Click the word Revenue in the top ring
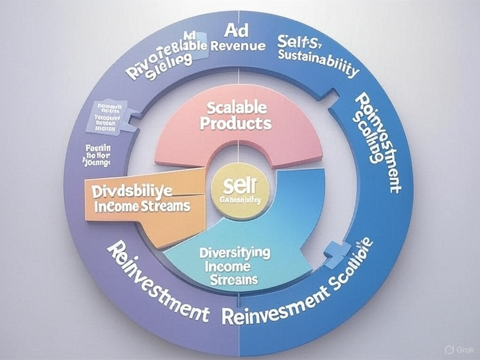239,46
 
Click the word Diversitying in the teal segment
235,253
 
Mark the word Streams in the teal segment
234,279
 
